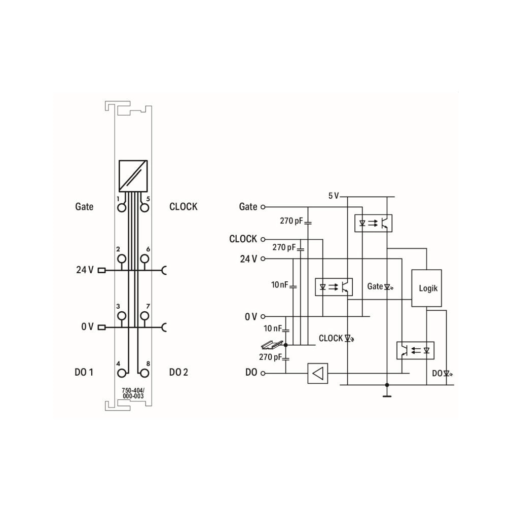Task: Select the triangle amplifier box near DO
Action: pos(318,373)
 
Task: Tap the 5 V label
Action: pos(334,196)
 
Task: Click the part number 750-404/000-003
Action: pos(133,393)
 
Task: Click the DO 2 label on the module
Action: pos(178,372)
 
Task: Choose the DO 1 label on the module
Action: pos(84,372)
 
